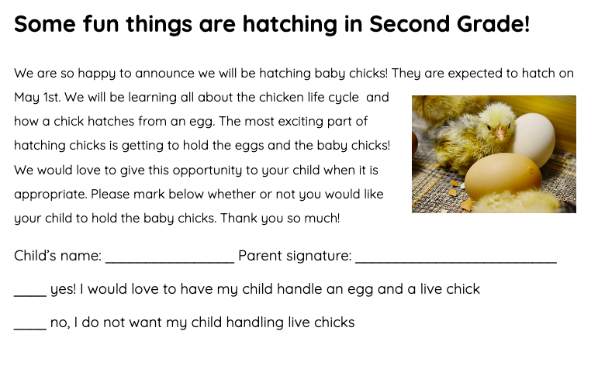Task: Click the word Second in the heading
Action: (x=410, y=23)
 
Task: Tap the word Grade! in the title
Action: (x=493, y=23)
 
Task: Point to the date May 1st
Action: (x=37, y=98)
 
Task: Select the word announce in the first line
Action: (x=164, y=73)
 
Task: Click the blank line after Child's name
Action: (x=170, y=262)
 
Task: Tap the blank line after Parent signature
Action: (x=456, y=262)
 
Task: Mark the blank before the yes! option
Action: (x=30, y=295)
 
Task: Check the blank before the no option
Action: (x=30, y=329)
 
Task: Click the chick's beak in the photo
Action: (x=500, y=133)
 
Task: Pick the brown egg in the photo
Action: (x=503, y=177)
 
